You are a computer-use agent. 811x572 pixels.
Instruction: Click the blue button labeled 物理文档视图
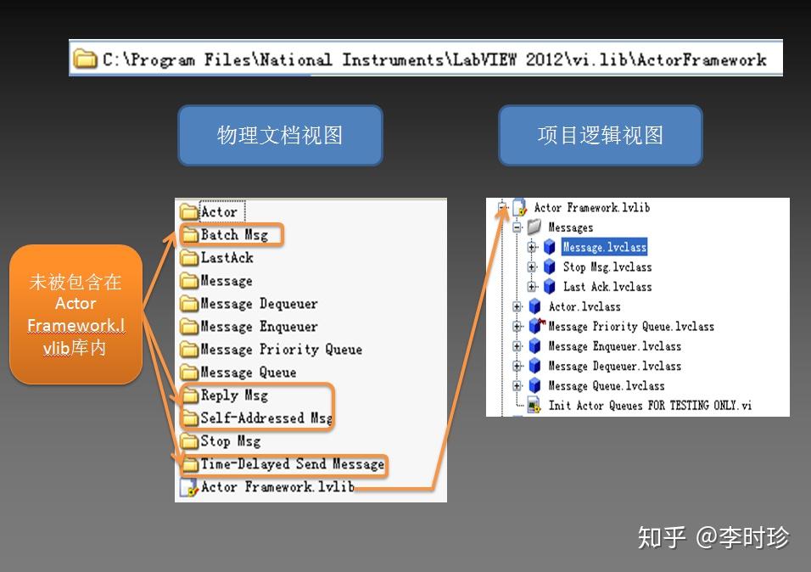tap(280, 136)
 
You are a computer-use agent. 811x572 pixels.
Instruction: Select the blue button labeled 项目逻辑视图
tap(600, 136)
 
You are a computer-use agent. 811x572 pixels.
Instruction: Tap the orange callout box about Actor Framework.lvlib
tap(76, 314)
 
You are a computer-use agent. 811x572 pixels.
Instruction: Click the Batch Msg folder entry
tap(233, 235)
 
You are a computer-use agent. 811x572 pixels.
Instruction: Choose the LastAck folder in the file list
tap(226, 258)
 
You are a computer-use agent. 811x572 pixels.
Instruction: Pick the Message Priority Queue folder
tap(280, 350)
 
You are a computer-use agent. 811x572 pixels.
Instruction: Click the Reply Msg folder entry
tap(233, 395)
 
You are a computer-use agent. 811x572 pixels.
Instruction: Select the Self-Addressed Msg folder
tap(266, 418)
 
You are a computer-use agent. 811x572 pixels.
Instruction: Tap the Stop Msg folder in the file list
tap(230, 441)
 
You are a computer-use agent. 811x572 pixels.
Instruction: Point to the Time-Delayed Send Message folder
tap(292, 464)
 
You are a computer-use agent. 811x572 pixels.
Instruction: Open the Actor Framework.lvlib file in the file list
tap(277, 487)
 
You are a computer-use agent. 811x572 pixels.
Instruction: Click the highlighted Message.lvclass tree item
tap(604, 248)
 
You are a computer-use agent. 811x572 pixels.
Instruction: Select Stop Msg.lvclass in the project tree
tap(607, 267)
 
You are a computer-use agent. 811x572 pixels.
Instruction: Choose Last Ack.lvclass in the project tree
tap(607, 287)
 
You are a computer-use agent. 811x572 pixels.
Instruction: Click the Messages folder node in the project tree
tap(570, 227)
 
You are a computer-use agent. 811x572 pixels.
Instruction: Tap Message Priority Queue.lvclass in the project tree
tap(631, 327)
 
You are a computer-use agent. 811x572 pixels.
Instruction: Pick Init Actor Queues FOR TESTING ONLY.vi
tap(650, 406)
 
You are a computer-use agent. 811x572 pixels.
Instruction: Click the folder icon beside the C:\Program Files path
tap(85, 59)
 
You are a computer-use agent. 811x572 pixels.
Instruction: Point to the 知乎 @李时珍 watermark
tap(713, 537)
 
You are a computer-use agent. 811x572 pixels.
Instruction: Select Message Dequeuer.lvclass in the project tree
tap(614, 366)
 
